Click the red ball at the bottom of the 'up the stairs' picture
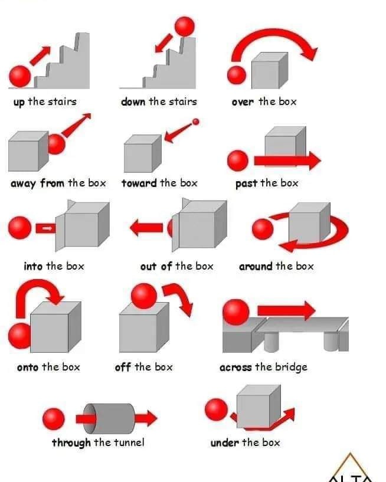20,76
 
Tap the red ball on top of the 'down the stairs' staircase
185,27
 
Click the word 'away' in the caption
23,183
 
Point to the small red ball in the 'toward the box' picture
195,122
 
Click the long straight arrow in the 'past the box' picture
287,160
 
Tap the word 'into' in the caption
33,266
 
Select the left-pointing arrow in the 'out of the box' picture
146,228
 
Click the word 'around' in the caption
256,266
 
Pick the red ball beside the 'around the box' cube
263,229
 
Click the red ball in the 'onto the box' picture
19,336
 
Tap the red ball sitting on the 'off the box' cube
144,296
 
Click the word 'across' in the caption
235,368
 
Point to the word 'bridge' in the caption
291,368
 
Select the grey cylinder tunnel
110,418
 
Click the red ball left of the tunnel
54,419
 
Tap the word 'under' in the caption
224,442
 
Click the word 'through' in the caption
71,443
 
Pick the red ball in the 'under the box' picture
216,409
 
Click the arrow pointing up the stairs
40,55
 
